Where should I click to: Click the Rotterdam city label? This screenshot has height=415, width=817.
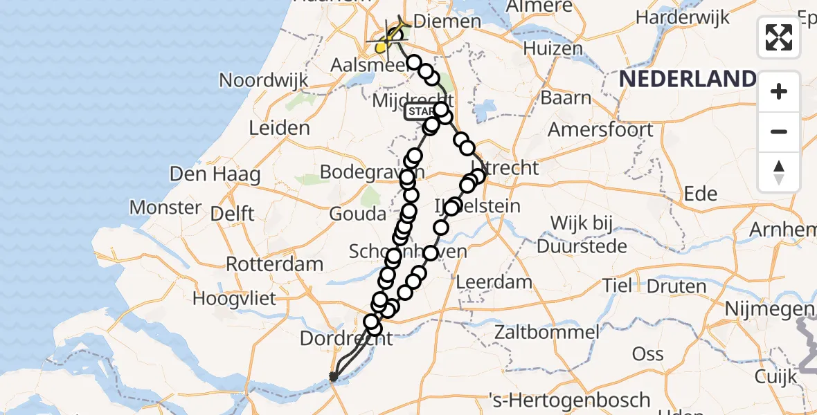pyautogui.click(x=275, y=264)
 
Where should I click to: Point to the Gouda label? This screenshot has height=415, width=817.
pyautogui.click(x=358, y=214)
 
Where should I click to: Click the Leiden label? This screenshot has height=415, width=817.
pyautogui.click(x=279, y=128)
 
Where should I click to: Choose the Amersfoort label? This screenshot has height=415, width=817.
pyautogui.click(x=600, y=129)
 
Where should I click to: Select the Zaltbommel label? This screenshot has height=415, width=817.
pyautogui.click(x=546, y=332)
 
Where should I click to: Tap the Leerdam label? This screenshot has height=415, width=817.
pyautogui.click(x=494, y=282)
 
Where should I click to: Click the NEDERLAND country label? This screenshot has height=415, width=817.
pyautogui.click(x=686, y=79)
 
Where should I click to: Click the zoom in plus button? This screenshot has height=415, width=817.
pyautogui.click(x=779, y=91)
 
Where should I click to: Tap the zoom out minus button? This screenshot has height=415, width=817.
pyautogui.click(x=779, y=131)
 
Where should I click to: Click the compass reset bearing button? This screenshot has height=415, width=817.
pyautogui.click(x=779, y=172)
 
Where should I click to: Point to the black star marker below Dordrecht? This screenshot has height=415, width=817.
pyautogui.click(x=334, y=376)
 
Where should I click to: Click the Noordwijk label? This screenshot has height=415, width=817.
pyautogui.click(x=263, y=80)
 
